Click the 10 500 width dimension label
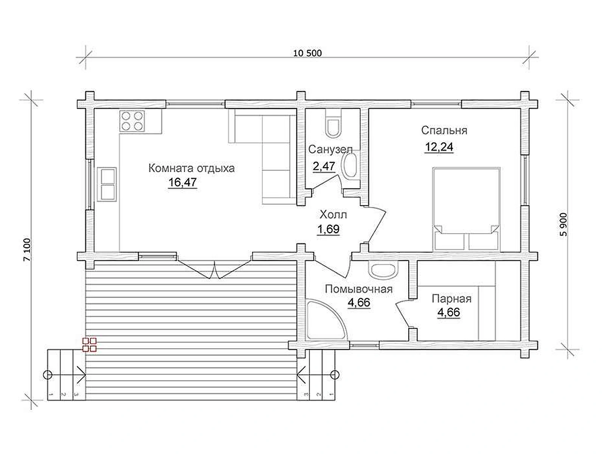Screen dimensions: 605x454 pyautogui.click(x=307, y=53)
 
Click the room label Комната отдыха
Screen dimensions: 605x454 pyautogui.click(x=192, y=168)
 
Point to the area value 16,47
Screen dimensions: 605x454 pyautogui.click(x=183, y=182)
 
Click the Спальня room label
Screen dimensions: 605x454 pyautogui.click(x=444, y=131)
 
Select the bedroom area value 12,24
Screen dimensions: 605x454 pyautogui.click(x=439, y=147)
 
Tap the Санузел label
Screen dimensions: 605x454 pyautogui.click(x=330, y=149)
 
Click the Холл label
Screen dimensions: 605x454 pyautogui.click(x=333, y=215)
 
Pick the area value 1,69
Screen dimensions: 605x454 pyautogui.click(x=328, y=229)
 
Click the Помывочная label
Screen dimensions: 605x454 pyautogui.click(x=358, y=289)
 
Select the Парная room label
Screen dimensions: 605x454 pyautogui.click(x=451, y=299)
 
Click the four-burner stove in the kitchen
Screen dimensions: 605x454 pyautogui.click(x=132, y=121)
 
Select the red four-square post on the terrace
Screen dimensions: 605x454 pyautogui.click(x=90, y=345)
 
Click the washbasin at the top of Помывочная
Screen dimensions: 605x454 pyautogui.click(x=383, y=270)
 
